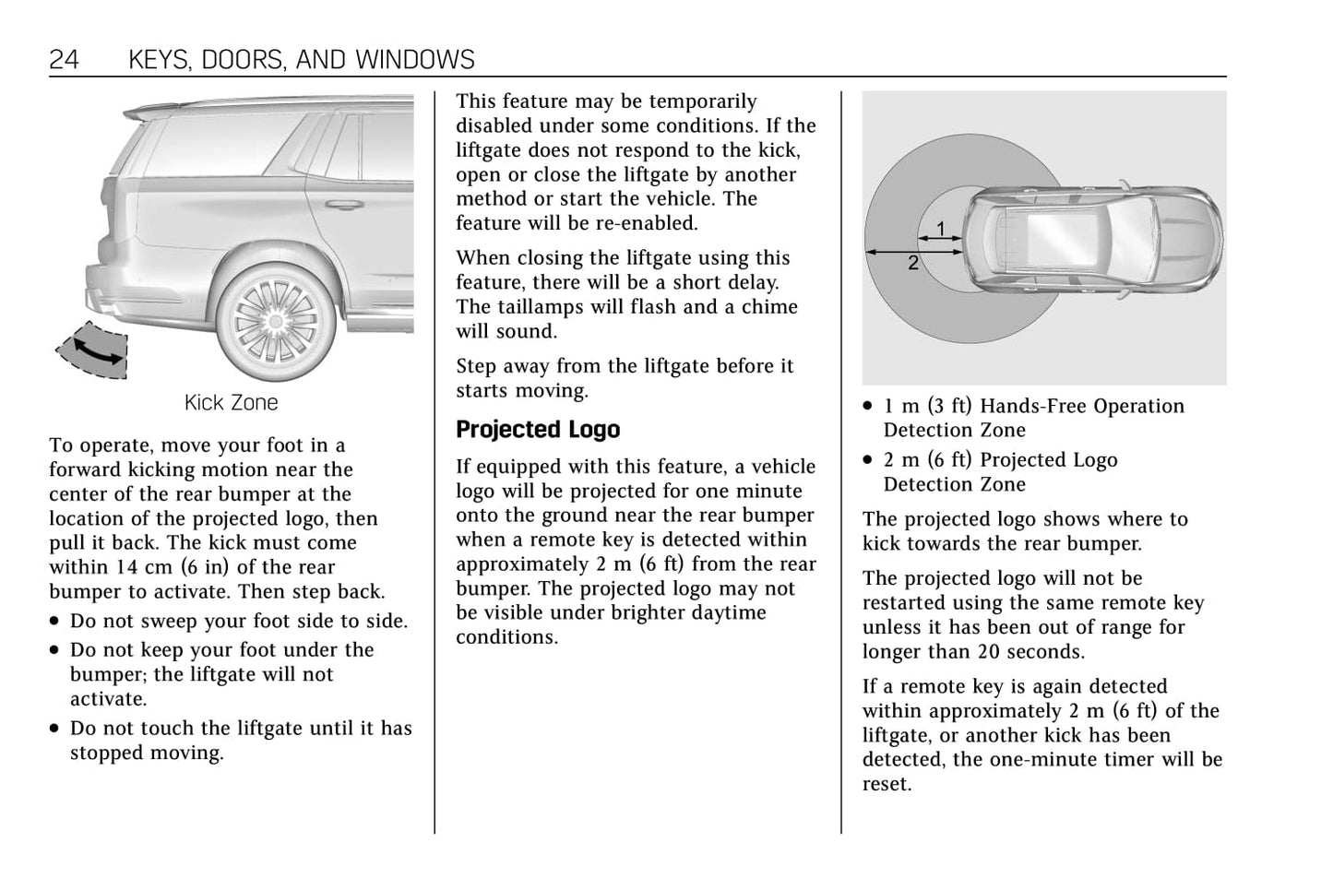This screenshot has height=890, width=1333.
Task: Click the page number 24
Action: [64, 60]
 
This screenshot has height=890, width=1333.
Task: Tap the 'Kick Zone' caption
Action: [231, 403]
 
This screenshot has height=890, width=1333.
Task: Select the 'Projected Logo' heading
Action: [538, 430]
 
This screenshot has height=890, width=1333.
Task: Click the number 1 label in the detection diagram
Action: [940, 228]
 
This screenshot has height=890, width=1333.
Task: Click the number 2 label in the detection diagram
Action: [912, 264]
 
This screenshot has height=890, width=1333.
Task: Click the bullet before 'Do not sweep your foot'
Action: [56, 623]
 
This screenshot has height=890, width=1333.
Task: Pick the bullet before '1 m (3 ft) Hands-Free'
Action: [868, 407]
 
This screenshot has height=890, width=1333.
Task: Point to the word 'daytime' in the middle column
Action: [730, 612]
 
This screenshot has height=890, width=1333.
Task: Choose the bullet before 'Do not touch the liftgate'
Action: [56, 729]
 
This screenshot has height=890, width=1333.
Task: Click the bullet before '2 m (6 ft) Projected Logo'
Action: [868, 460]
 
